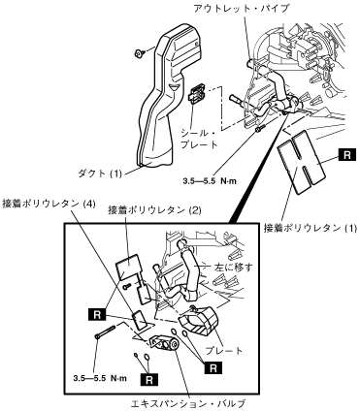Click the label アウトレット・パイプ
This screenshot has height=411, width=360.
coord(241,8)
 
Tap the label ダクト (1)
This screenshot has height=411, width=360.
coord(100,174)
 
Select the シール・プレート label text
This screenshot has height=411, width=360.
coord(199,139)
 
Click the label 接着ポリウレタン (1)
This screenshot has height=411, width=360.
coord(311,228)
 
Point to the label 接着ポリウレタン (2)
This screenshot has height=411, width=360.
coord(155,210)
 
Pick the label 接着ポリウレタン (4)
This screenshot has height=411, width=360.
coord(49,204)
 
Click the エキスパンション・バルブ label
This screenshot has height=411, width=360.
coord(187,404)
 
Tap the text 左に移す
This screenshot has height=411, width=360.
coord(234,268)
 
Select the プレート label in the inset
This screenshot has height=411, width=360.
coord(224,351)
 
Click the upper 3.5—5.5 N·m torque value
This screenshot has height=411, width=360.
coord(210,181)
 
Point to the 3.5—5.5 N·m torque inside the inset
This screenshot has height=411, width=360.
coord(100,378)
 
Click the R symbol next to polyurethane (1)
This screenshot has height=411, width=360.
coord(346,155)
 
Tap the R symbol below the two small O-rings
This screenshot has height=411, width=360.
coord(149,380)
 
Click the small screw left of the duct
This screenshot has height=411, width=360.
coord(140,53)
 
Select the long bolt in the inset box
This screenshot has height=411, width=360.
coord(105,332)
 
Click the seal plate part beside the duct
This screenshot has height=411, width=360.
coord(196,95)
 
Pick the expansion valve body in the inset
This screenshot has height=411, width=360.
coord(164,343)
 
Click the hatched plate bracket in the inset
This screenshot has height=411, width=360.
coord(198,321)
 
